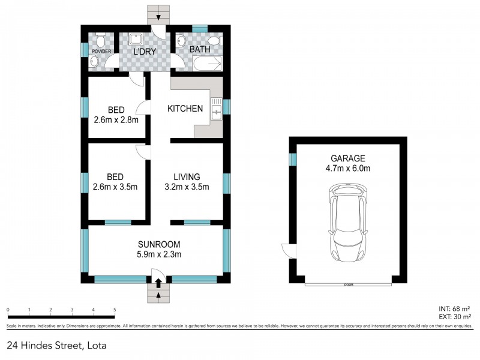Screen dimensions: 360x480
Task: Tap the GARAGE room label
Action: [347, 158]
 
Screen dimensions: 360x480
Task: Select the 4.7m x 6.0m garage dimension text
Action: [347, 169]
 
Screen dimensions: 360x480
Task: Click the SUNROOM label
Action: [158, 244]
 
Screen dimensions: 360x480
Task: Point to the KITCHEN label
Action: [185, 109]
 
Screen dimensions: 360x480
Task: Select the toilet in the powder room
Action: [101, 41]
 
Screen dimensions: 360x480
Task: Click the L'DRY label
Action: [145, 52]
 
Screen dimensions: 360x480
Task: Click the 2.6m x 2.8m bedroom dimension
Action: [116, 119]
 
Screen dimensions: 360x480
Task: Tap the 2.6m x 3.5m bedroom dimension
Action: [116, 187]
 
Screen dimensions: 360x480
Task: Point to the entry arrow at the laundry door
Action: [158, 17]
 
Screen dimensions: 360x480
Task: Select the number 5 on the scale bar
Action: [114, 310]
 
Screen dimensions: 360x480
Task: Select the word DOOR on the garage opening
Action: [347, 284]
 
